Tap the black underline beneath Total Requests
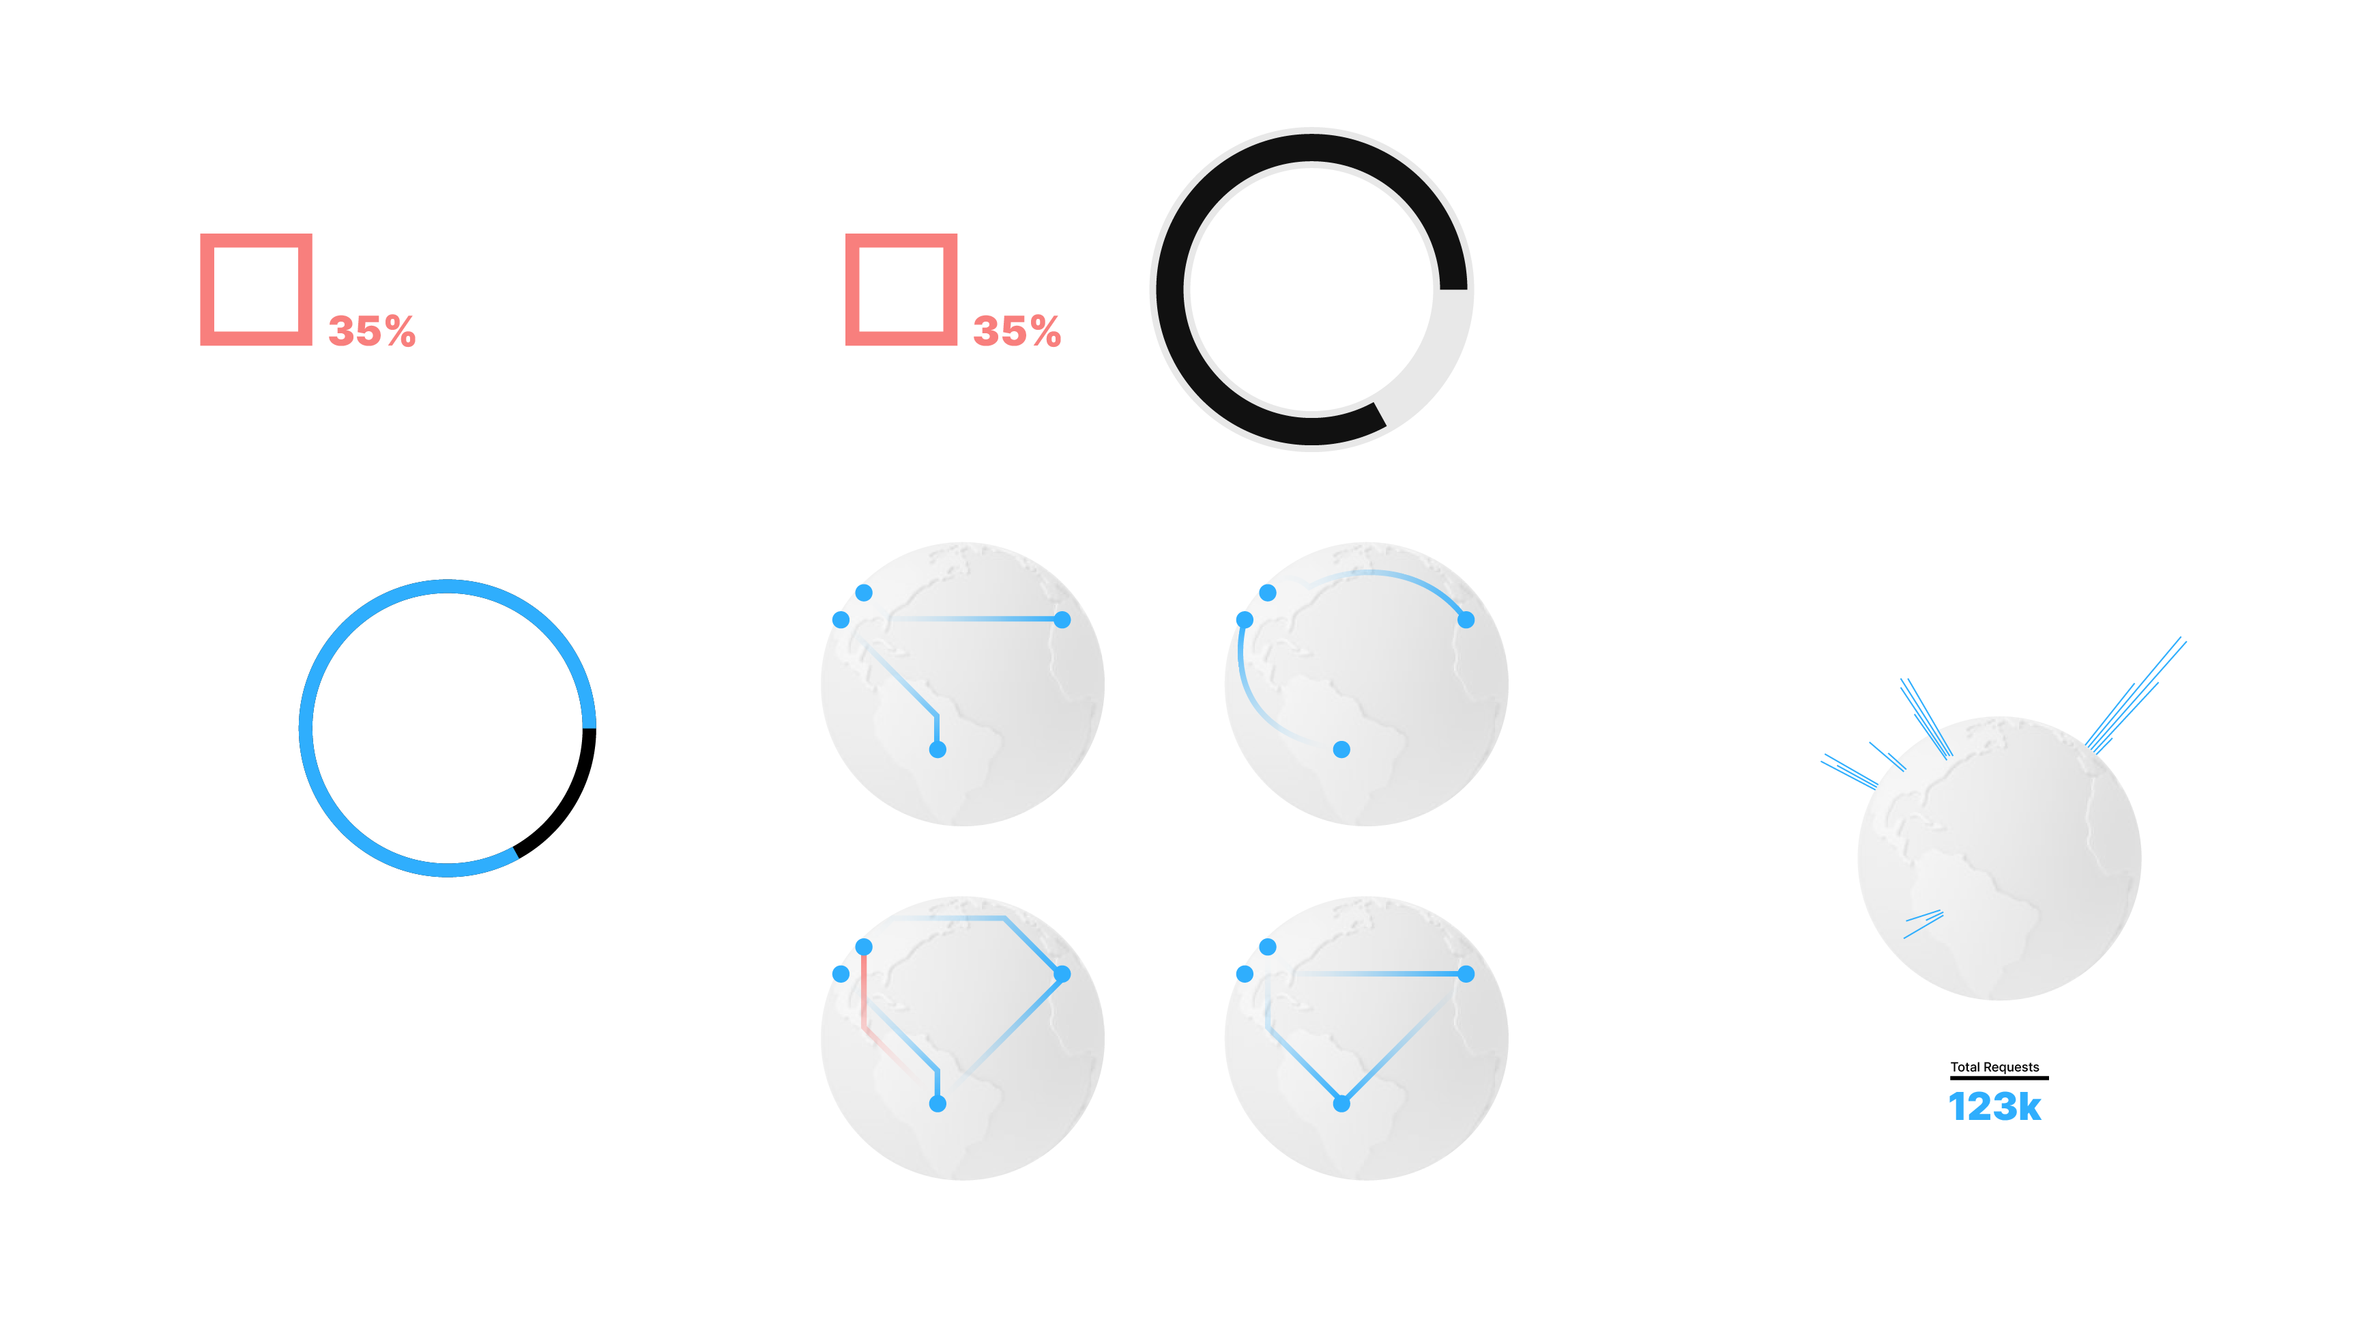click(x=1999, y=1078)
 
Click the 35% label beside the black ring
click(x=1016, y=331)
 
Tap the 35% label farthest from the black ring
click(x=371, y=331)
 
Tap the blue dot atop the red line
click(x=864, y=947)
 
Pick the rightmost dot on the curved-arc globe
click(x=1466, y=619)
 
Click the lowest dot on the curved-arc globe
click(x=1341, y=749)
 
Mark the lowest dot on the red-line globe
click(x=938, y=1103)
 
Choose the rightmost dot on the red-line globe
click(x=1062, y=974)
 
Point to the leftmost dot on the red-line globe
click(x=841, y=974)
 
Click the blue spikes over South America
click(x=1923, y=924)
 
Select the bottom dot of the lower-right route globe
click(x=1341, y=1103)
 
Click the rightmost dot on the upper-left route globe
click(x=1062, y=619)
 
